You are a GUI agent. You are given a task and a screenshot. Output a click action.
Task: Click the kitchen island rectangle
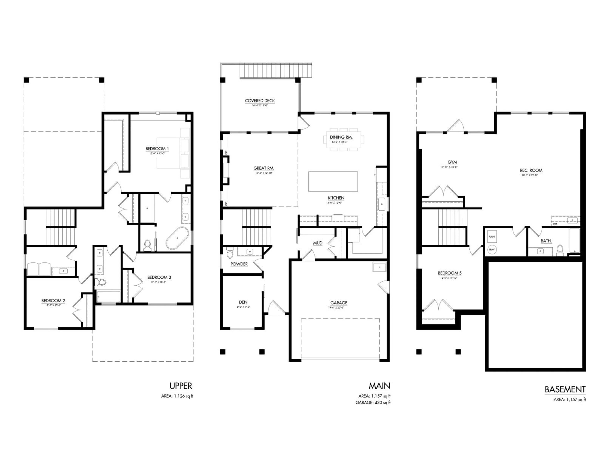333,181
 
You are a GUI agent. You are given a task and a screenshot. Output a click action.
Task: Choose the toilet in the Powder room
230,253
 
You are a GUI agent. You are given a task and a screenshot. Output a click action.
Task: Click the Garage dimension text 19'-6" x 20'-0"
339,308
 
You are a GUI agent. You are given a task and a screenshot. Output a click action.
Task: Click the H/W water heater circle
492,249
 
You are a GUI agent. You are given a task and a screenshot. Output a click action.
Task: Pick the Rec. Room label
531,170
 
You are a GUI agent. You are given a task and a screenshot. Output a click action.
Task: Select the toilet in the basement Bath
560,250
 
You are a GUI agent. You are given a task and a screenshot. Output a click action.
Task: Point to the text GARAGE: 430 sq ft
373,403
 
